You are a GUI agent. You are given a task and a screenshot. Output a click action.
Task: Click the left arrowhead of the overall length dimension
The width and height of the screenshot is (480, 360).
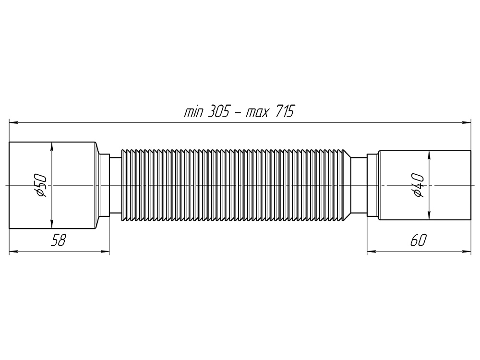click(13, 123)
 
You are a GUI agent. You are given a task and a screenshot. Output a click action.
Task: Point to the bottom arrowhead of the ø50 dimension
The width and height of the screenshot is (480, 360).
click(51, 224)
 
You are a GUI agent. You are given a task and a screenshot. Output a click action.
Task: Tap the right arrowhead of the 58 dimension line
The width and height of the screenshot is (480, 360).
click(106, 251)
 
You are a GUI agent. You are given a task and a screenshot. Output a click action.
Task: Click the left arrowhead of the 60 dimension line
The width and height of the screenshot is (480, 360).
click(372, 251)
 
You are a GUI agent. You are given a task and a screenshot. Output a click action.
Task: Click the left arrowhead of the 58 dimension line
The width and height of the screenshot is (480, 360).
click(13, 251)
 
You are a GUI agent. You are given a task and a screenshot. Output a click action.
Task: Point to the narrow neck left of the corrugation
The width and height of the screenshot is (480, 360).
click(115, 185)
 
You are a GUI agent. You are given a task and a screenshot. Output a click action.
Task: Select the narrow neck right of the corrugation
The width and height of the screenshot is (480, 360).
click(359, 185)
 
